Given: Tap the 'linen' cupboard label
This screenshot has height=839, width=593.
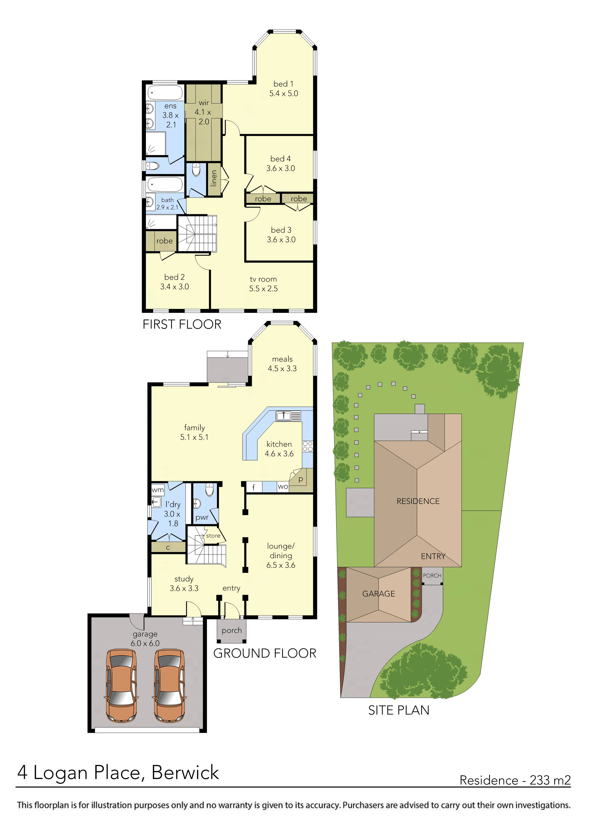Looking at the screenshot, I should point(214,178).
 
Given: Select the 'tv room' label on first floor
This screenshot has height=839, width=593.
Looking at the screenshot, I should point(263,279).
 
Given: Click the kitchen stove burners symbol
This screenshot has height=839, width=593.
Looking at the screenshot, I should point(307,446).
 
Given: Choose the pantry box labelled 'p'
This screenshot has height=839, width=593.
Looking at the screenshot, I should point(301,479).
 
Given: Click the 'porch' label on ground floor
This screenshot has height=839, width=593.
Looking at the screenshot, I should point(232,630).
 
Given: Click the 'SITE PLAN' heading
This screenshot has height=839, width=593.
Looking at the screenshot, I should point(399,710).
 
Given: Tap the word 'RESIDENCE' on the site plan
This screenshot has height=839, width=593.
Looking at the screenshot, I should point(418,501).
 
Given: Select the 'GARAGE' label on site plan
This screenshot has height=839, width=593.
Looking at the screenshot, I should point(379,594).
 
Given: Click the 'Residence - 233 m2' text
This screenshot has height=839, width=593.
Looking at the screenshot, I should point(515,780).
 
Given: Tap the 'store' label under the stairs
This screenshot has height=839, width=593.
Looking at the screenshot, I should point(213,536).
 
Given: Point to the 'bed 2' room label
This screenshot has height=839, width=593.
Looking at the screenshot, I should point(174,277).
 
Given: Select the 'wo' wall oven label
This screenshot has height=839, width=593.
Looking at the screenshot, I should point(283,486).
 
